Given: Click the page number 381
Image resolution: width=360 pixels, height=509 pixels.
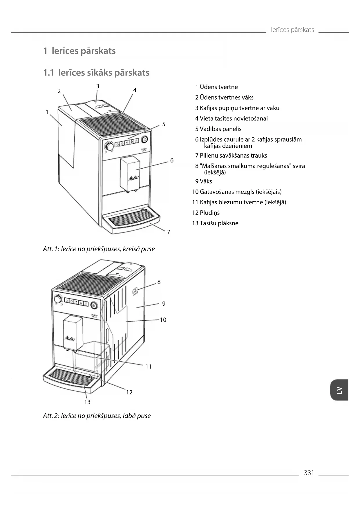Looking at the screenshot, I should (x=309, y=473).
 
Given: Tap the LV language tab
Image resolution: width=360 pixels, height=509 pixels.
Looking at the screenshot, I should (x=339, y=390).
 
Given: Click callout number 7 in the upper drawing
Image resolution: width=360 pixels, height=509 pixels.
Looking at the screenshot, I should (x=169, y=232).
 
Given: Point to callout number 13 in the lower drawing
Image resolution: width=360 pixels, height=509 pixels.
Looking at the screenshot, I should (x=87, y=402).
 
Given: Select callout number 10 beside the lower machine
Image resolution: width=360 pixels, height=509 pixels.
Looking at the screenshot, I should (x=163, y=320).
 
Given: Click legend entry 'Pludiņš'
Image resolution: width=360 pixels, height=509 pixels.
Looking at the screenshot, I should (x=206, y=213).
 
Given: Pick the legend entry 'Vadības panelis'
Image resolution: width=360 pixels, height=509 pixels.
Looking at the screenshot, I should (x=218, y=129).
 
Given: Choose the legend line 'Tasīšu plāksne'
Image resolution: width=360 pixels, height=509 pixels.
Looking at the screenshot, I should (x=215, y=223).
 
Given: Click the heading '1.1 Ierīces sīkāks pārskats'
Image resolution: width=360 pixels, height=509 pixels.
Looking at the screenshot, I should (x=96, y=73).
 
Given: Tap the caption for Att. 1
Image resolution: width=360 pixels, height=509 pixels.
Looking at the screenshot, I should (x=99, y=249).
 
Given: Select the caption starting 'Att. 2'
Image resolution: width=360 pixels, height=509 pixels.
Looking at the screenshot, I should (x=97, y=416).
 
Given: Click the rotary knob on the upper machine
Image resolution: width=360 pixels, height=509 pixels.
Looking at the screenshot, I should (x=110, y=146).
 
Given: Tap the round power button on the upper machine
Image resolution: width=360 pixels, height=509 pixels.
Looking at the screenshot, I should (x=144, y=140).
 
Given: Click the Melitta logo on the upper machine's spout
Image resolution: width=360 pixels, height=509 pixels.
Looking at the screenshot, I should (x=133, y=178).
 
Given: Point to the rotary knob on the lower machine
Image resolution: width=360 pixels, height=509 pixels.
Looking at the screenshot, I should (x=58, y=299).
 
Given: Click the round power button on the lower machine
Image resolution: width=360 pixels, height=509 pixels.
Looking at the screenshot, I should (x=94, y=305).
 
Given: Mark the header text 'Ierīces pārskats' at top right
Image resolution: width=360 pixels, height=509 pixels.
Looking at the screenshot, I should (x=292, y=30).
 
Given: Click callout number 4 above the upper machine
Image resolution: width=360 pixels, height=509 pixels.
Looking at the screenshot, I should (x=135, y=90).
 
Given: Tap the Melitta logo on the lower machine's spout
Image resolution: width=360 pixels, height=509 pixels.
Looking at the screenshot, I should (x=70, y=338).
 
